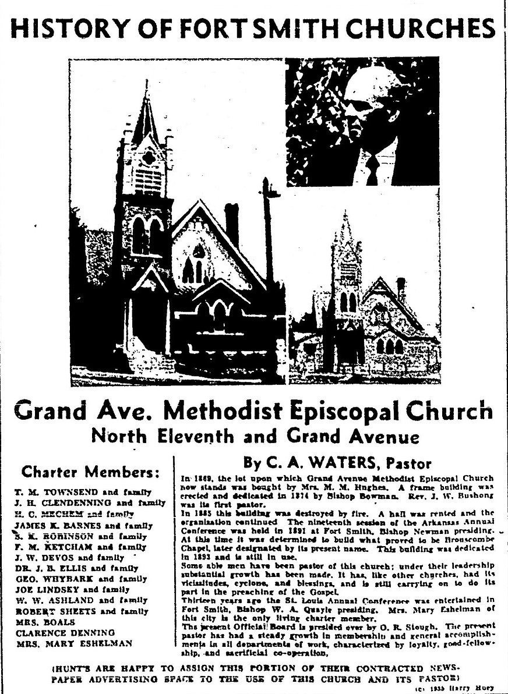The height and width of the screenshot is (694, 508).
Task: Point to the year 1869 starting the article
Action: coord(195,478)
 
